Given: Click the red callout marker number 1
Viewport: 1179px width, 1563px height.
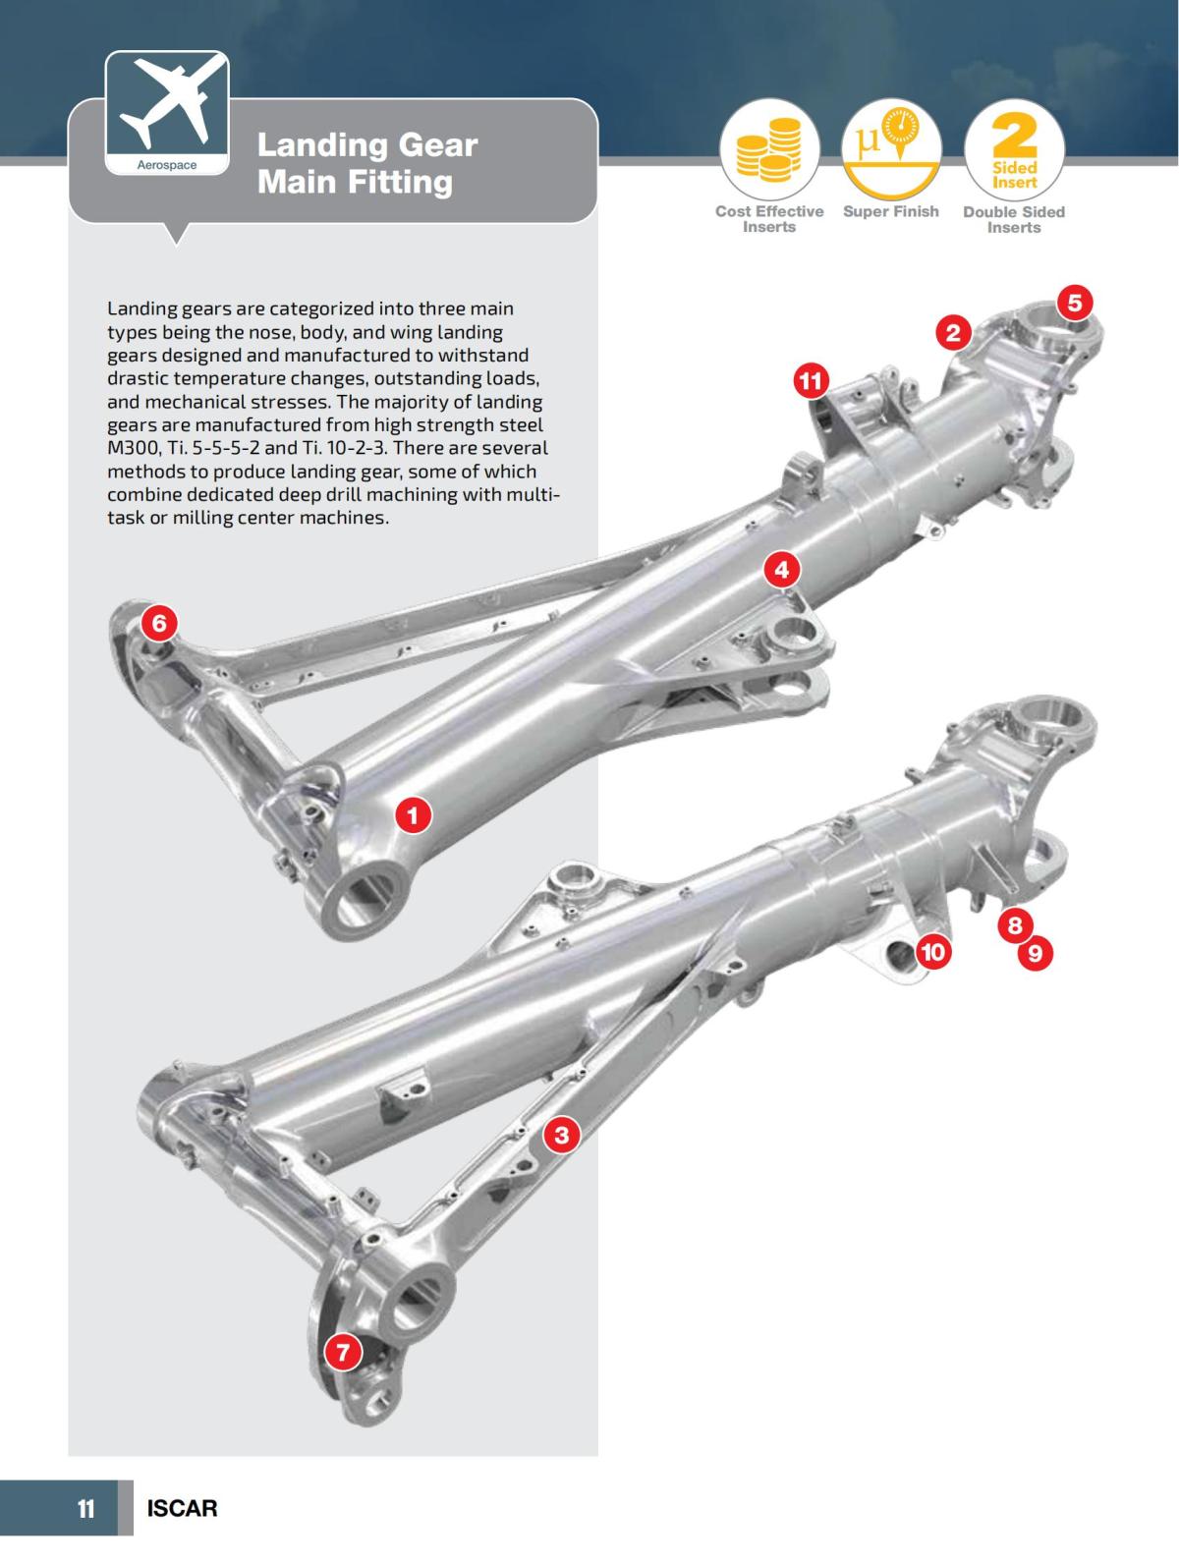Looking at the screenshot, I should pos(413,815).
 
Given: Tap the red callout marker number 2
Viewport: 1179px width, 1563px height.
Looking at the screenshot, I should pos(952,332).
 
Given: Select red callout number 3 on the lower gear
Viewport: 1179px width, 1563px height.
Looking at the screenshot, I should pos(561,1136).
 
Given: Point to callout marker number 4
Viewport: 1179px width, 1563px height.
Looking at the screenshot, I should pos(781,570).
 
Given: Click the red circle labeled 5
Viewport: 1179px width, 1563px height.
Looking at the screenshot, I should pos(1074,303).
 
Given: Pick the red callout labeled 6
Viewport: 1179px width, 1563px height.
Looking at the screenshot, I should pos(161,622).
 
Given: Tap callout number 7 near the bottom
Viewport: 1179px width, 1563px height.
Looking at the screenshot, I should pos(343,1353).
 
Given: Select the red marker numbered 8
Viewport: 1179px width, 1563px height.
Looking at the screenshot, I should pos(1015,924).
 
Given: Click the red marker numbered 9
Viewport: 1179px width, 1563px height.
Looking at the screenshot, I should pos(1035,952).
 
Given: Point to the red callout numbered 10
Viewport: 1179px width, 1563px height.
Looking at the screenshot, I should pos(933,951).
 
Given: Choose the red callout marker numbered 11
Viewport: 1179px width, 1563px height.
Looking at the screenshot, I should pos(811,380).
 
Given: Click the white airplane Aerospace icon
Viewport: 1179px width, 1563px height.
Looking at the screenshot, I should pos(167,110).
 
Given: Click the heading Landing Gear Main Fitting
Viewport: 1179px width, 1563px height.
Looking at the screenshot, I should pos(367,163).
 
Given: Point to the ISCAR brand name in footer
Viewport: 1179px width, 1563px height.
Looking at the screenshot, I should pos(182,1508).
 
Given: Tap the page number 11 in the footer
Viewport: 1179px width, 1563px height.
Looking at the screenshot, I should pos(86,1508).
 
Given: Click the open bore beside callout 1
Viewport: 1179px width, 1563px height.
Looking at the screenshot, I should pos(364,895).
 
